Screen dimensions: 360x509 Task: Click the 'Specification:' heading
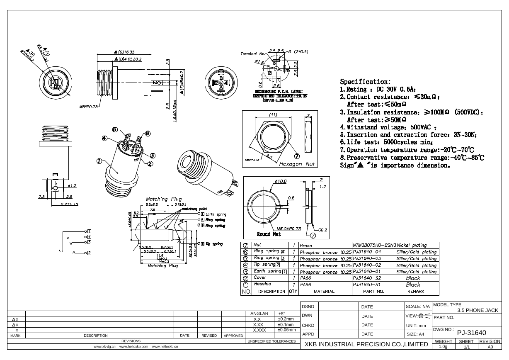(x=365, y=82)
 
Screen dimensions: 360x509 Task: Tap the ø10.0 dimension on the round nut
(x=281, y=181)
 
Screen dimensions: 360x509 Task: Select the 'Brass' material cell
(x=306, y=246)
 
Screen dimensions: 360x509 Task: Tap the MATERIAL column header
(x=324, y=292)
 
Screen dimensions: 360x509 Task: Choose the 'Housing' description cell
(x=262, y=284)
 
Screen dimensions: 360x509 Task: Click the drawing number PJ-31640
(x=471, y=333)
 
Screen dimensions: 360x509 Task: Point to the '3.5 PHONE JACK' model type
(x=477, y=310)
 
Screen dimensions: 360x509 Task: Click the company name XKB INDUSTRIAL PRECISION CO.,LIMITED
(x=366, y=344)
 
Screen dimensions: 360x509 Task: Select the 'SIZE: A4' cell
(x=415, y=334)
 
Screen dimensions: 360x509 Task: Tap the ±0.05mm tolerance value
(x=286, y=330)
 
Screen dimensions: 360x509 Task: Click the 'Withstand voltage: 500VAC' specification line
(x=388, y=127)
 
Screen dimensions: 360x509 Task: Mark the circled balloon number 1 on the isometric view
(x=99, y=161)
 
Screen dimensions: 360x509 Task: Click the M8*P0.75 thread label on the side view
(x=88, y=107)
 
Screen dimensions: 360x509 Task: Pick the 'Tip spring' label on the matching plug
(x=215, y=244)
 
